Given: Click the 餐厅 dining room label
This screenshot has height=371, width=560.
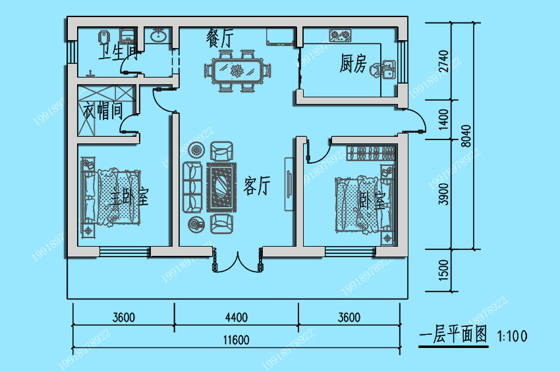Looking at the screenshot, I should click(x=219, y=38).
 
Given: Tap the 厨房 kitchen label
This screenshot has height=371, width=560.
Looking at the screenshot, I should click(x=352, y=64).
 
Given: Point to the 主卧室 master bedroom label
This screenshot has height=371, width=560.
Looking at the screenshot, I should click(x=129, y=196).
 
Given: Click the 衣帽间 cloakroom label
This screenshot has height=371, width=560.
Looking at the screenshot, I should click(x=103, y=111).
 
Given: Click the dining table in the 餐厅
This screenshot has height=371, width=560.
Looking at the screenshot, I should click(x=237, y=69).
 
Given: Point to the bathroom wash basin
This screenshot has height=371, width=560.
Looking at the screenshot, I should click(x=158, y=36).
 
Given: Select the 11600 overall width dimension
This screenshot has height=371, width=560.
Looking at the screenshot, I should click(x=236, y=339).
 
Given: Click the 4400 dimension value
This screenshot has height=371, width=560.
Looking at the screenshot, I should click(x=236, y=318).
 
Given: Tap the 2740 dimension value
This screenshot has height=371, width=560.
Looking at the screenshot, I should click(x=443, y=61).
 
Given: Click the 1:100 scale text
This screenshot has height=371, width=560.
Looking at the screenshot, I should click(x=513, y=336).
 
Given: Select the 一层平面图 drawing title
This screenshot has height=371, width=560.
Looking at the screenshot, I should click(x=455, y=335).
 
